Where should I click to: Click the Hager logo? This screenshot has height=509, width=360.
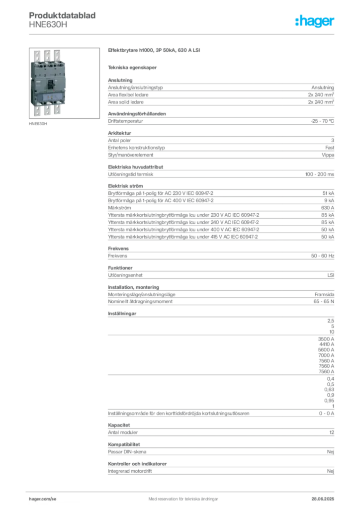tap(314, 21)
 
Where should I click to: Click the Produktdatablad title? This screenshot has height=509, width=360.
tap(62, 15)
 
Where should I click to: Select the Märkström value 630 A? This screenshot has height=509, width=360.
tap(328, 208)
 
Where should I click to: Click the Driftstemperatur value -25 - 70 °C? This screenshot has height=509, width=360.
tap(322, 121)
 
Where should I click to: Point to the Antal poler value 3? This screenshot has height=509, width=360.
tap(333, 140)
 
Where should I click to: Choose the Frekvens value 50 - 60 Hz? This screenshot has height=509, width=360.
tap(322, 256)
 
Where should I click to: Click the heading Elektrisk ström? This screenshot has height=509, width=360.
tap(125, 186)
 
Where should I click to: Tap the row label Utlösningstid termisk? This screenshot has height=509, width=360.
tap(130, 174)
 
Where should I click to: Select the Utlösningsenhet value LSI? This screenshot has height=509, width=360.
tap(331, 275)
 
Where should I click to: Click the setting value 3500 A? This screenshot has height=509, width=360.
tap(326, 339)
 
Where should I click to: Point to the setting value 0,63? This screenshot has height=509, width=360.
tap(329, 390)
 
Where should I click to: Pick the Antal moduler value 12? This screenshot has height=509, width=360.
tap(332, 432)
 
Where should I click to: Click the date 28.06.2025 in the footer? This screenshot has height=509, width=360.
tap(323, 499)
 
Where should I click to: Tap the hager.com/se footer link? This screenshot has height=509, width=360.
tap(43, 499)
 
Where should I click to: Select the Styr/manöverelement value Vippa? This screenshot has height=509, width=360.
tap(328, 155)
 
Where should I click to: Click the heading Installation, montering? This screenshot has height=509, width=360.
tap(133, 287)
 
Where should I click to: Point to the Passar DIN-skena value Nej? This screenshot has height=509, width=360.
tap(331, 452)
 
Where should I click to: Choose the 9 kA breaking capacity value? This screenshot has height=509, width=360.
tap(329, 201)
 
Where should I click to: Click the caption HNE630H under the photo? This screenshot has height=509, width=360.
tap(38, 124)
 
